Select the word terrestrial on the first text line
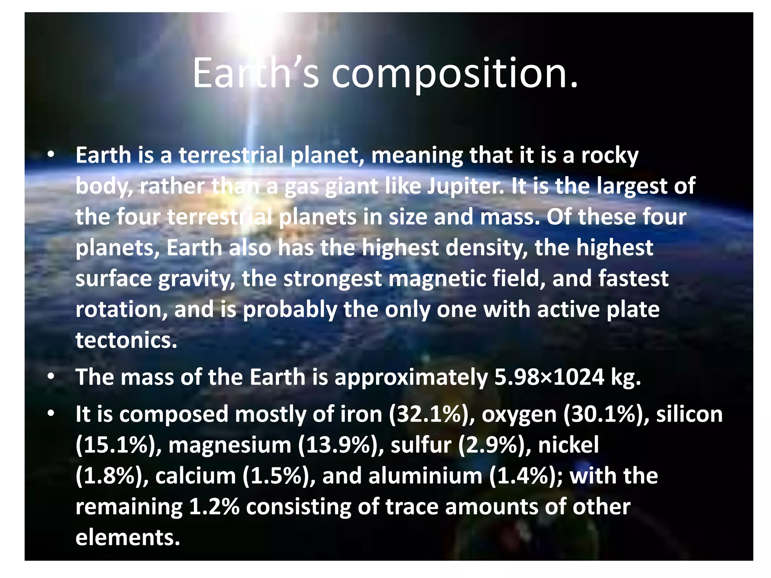click(x=231, y=155)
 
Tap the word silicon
click(x=689, y=414)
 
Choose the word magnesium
click(x=230, y=445)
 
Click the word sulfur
click(x=421, y=445)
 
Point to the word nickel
click(x=568, y=445)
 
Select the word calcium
click(x=195, y=476)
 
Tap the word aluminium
click(x=425, y=476)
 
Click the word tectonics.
click(x=126, y=340)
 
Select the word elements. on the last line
click(x=128, y=537)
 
